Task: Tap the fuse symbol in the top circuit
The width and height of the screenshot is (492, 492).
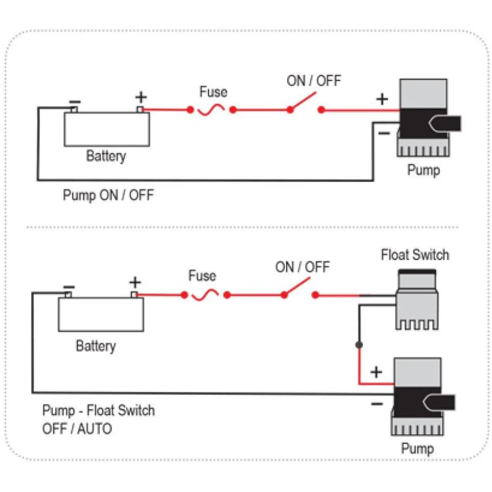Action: click(x=212, y=110)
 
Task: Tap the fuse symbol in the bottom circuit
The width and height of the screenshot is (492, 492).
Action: click(x=205, y=295)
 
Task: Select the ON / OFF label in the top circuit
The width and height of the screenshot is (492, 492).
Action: click(x=313, y=81)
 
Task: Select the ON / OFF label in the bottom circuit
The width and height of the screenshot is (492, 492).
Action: click(x=301, y=267)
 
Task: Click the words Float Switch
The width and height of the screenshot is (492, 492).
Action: click(x=415, y=255)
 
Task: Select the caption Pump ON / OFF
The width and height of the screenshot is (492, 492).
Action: click(x=108, y=196)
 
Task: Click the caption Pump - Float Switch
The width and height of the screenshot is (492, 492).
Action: click(x=98, y=410)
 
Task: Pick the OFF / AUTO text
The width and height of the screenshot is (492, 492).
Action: click(x=77, y=428)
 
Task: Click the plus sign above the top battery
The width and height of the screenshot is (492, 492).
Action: click(x=141, y=97)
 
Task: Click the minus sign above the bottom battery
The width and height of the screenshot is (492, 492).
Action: click(x=69, y=287)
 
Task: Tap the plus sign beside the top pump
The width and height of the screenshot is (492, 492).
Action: click(x=383, y=99)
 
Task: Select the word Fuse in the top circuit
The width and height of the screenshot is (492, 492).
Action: click(x=213, y=92)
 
